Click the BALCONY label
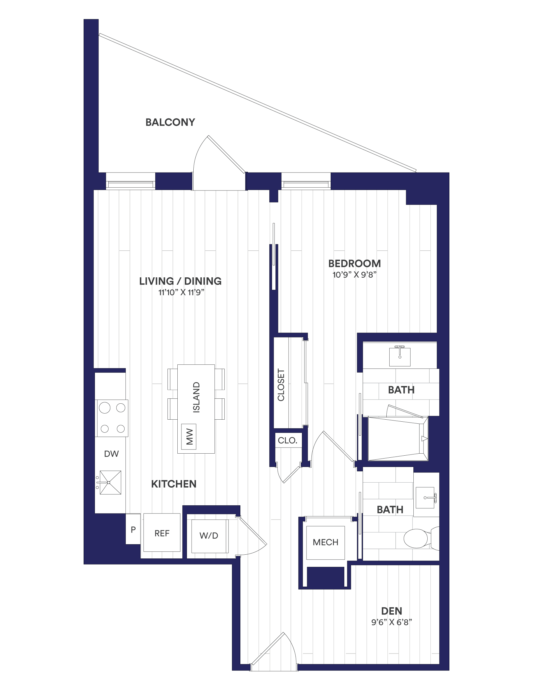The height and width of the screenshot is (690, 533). pyautogui.click(x=170, y=122)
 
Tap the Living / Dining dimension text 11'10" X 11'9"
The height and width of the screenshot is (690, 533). pyautogui.click(x=181, y=292)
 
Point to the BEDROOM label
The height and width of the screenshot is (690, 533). pyautogui.click(x=354, y=263)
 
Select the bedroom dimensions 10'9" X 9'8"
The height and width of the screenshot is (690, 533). pyautogui.click(x=354, y=274)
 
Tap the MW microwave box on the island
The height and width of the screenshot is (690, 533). pyautogui.click(x=189, y=437)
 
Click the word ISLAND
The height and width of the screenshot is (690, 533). pyautogui.click(x=197, y=398)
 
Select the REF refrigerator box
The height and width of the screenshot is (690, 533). pyautogui.click(x=162, y=533)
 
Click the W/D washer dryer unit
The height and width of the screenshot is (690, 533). pyautogui.click(x=209, y=536)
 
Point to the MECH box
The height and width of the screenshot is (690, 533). pyautogui.click(x=325, y=542)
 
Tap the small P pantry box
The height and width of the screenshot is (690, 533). pyautogui.click(x=133, y=529)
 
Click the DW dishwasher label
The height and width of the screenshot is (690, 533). pyautogui.click(x=111, y=454)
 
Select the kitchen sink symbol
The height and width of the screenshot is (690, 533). pyautogui.click(x=109, y=482)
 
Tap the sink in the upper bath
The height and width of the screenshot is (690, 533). pyautogui.click(x=400, y=356)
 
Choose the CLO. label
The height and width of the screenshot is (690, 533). pyautogui.click(x=287, y=441)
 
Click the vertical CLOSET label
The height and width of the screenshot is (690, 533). pyautogui.click(x=281, y=385)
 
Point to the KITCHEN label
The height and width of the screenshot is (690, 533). pyautogui.click(x=174, y=484)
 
